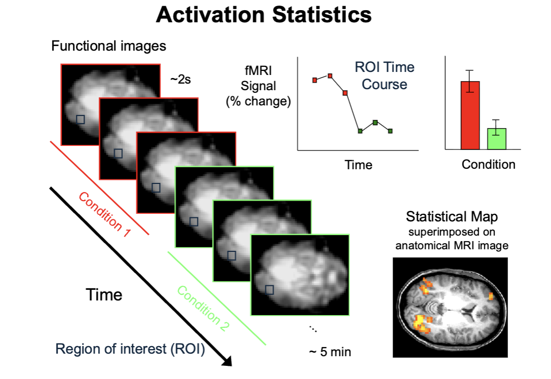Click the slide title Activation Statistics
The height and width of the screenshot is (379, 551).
264,15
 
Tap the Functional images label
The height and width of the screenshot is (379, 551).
108,46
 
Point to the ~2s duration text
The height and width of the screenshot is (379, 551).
181,79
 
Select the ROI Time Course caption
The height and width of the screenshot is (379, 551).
384,75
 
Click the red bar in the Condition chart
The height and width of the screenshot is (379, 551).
470,115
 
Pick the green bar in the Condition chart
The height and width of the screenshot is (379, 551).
497,138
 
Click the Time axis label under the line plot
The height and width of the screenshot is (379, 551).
358,165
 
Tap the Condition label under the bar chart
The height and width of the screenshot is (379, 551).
488,165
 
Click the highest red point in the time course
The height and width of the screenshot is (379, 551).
330,76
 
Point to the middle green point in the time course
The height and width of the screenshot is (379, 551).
375,122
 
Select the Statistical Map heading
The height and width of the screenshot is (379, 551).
452,217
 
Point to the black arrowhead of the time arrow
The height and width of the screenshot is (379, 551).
227,360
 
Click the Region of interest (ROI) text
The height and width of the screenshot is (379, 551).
130,349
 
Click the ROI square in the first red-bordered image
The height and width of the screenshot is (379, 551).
80,119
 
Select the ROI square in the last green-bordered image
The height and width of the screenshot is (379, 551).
269,290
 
